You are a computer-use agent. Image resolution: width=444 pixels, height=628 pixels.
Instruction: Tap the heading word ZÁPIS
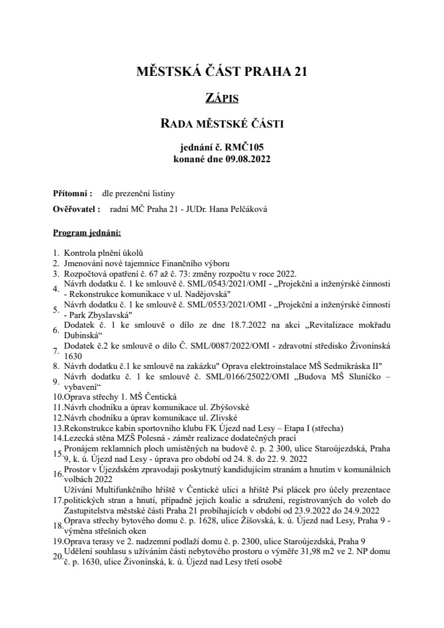pyautogui.click(x=221, y=97)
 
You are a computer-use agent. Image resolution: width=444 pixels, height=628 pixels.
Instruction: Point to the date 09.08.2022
pyautogui.click(x=246, y=158)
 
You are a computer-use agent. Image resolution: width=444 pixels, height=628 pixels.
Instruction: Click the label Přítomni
pyautogui.click(x=71, y=194)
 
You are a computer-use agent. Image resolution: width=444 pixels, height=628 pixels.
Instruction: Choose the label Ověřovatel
pyautogui.click(x=75, y=209)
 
